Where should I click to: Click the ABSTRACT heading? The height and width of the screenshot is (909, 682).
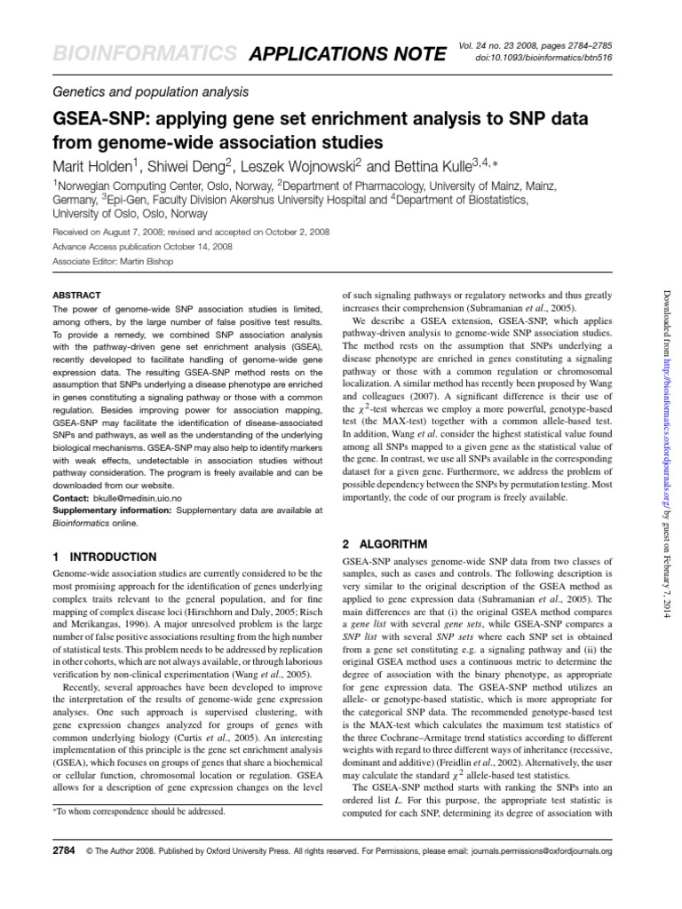click(76, 295)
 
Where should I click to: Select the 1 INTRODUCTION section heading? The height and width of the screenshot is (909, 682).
click(104, 557)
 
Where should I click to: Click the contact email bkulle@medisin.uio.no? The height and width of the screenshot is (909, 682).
click(139, 500)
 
